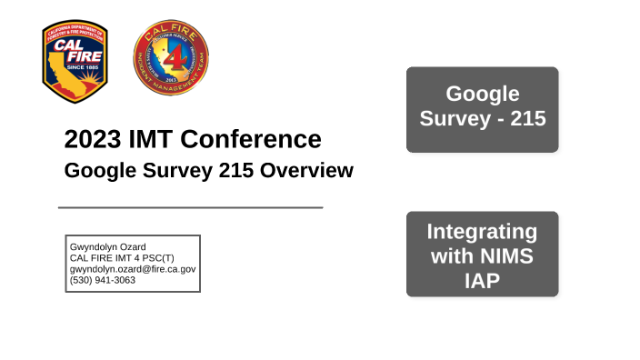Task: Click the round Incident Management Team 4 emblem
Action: [171, 59]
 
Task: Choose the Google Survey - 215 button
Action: [482, 107]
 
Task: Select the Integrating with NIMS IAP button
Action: [482, 255]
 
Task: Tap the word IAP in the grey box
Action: [482, 280]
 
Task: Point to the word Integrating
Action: [482, 231]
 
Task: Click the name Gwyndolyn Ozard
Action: [108, 246]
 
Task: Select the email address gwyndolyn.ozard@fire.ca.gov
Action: [133, 269]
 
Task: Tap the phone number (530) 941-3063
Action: [103, 280]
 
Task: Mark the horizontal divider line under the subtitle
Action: [190, 207]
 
